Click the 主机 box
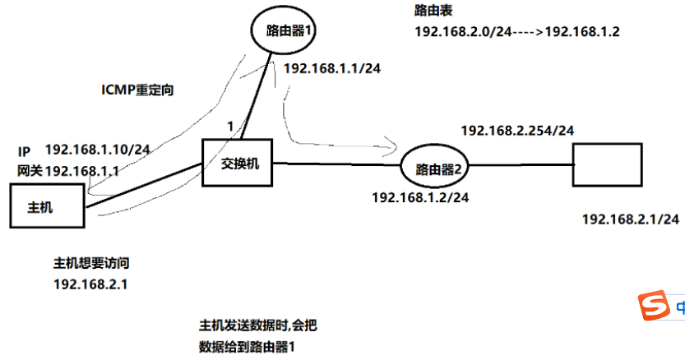pyautogui.click(x=46, y=206)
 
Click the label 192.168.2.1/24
pyautogui.click(x=630, y=219)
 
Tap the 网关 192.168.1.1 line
pyautogui.click(x=67, y=170)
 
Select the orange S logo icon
pyautogui.click(x=655, y=308)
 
